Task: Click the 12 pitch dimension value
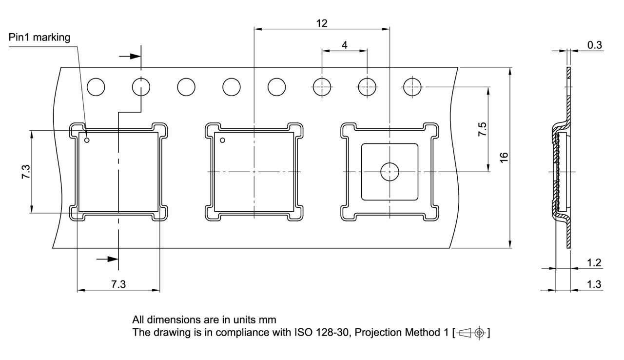pos(322,23)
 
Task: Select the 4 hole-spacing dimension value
pos(345,45)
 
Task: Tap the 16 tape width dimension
pos(504,157)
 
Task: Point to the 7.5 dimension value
pos(482,129)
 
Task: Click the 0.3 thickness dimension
pos(594,45)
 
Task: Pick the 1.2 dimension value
pos(594,263)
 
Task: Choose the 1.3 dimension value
pos(594,284)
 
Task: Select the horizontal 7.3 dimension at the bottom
pos(118,284)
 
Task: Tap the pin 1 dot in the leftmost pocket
pos(87,140)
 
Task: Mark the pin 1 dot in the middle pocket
pos(222,140)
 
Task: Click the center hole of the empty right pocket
pos(390,171)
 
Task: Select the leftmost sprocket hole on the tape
pos(96,87)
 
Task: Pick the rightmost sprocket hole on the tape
pos(412,87)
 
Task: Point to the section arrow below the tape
pos(108,259)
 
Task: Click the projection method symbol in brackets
pos(471,333)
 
